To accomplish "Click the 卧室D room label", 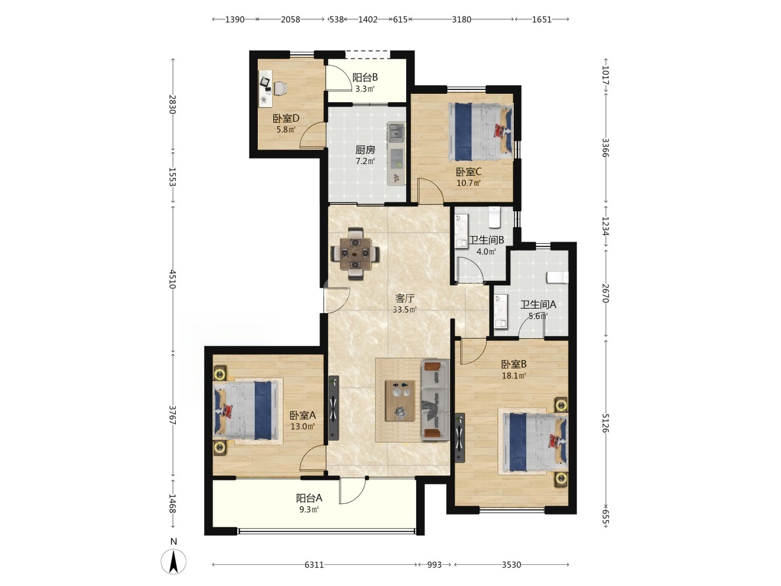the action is coord(286,118).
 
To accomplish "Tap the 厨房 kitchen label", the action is coord(365,150).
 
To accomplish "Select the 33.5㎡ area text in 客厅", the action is coord(404,310).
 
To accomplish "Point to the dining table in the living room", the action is coord(355,253).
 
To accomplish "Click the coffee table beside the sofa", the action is coord(400,401).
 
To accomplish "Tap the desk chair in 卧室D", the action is coord(280,88).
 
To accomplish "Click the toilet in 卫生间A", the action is coord(557,277).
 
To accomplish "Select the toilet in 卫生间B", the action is coord(494,217).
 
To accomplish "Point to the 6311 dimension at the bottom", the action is coord(314,565).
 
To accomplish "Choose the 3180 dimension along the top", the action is coord(461,19).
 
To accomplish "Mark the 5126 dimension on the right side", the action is coord(605,423).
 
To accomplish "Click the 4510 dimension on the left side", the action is coord(172,279).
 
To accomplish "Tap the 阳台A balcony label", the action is coord(309,498).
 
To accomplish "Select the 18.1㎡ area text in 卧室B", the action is coord(514,376).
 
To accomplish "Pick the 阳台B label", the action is coord(365,77).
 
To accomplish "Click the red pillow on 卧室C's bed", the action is coord(502,131).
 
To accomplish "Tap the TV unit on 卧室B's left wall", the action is coord(460,438).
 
